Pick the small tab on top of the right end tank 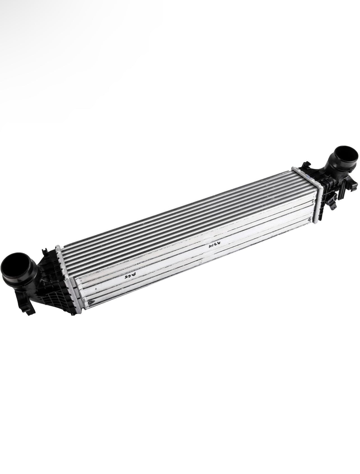coord(307,163)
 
